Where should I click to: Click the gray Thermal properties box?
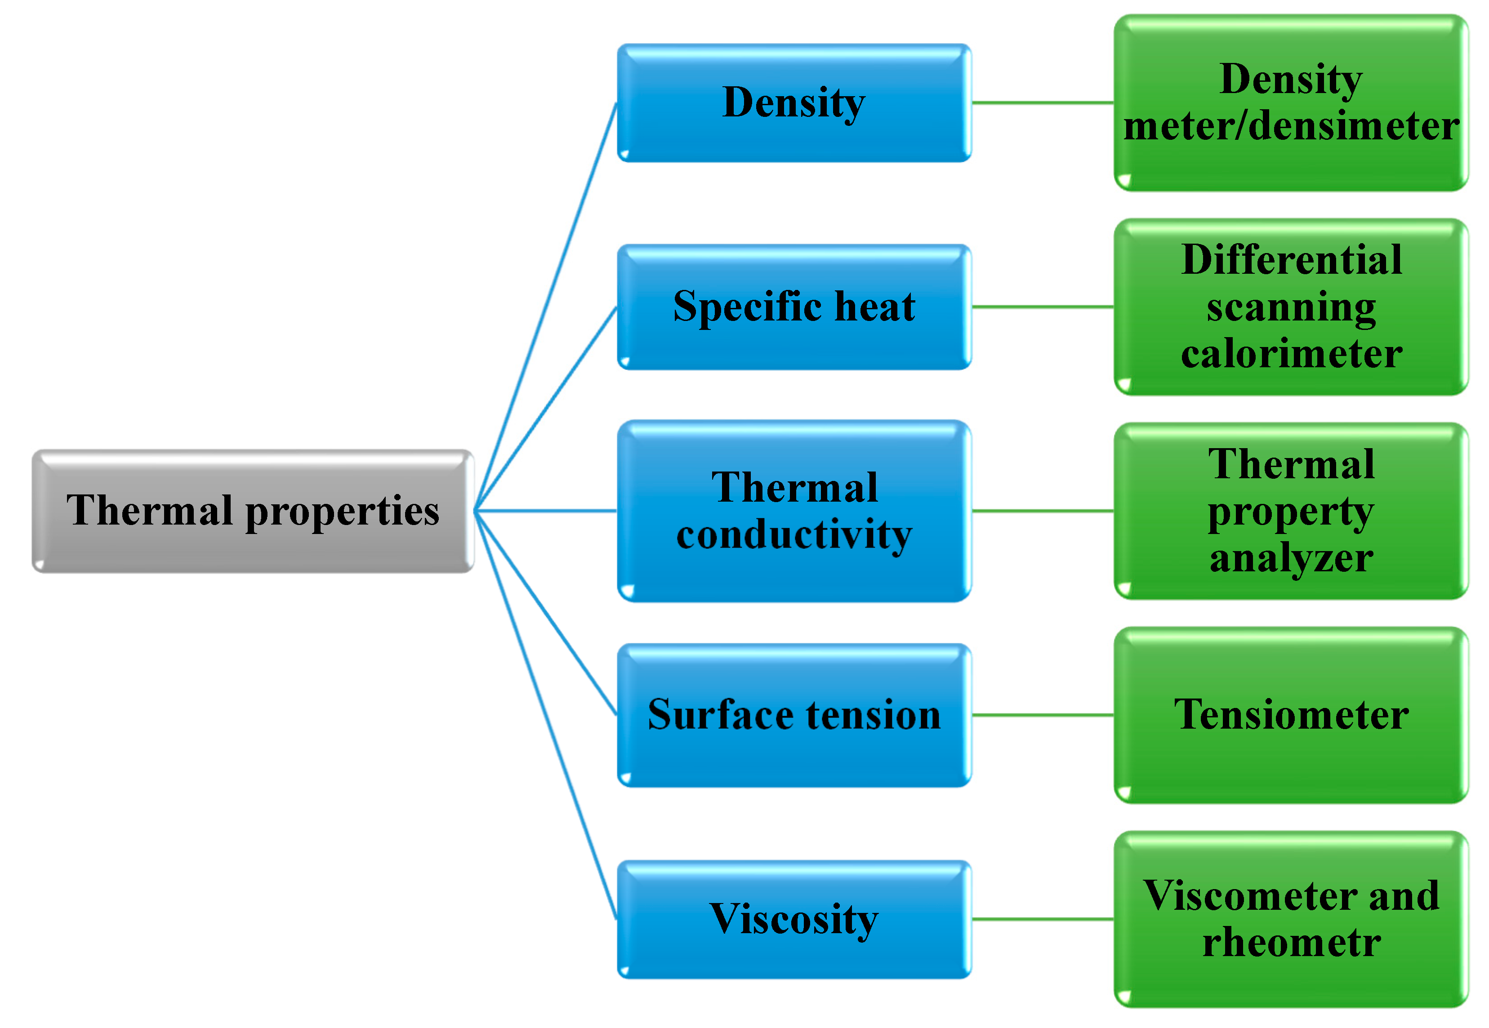(x=253, y=511)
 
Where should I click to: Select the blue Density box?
(x=794, y=103)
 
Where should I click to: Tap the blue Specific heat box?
(x=794, y=307)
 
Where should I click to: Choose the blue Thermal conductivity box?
(x=794, y=511)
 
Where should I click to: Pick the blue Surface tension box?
(x=794, y=715)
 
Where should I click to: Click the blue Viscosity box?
(x=794, y=919)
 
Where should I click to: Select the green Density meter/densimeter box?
(x=1291, y=103)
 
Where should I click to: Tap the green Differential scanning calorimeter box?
(x=1291, y=307)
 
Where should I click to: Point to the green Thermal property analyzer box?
(x=1291, y=511)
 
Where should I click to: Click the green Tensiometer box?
(x=1291, y=715)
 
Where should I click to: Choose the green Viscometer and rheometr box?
(x=1291, y=919)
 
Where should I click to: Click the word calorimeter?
(x=1291, y=354)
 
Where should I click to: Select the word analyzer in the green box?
(x=1291, y=558)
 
